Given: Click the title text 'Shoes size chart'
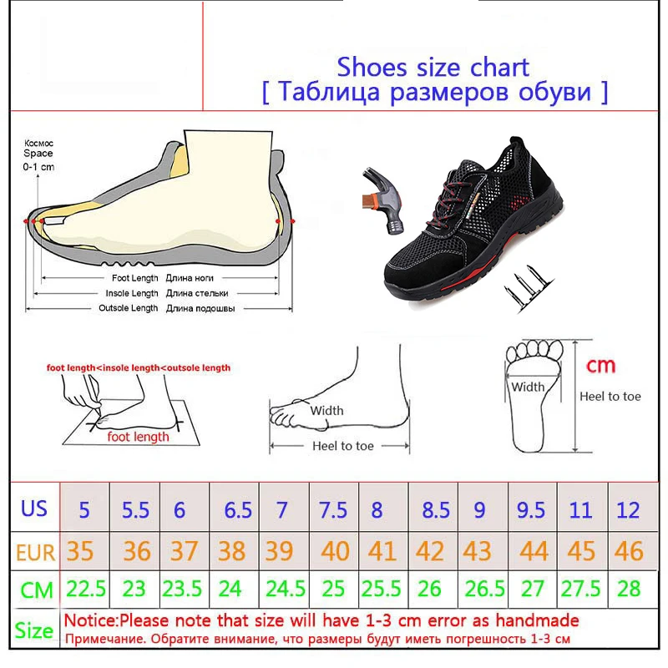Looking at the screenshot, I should pos(433,67).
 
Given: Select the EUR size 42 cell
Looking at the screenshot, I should pos(429,550).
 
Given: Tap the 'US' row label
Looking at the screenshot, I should pos(34,509).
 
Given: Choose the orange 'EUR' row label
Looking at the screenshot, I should pos(34,551).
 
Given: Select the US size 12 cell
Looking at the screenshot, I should pos(629,509).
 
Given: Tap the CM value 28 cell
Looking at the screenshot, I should pos(629,590).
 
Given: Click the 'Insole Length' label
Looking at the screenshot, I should pos(131,293).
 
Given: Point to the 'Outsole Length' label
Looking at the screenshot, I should pos(129,308).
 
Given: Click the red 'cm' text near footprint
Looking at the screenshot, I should pos(600,365).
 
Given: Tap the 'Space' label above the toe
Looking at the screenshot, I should pos(38,154).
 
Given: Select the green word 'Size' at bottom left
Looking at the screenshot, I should pos(34,630).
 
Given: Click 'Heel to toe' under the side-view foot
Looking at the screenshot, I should pos(343,446).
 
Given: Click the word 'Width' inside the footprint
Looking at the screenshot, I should pos(528,387).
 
